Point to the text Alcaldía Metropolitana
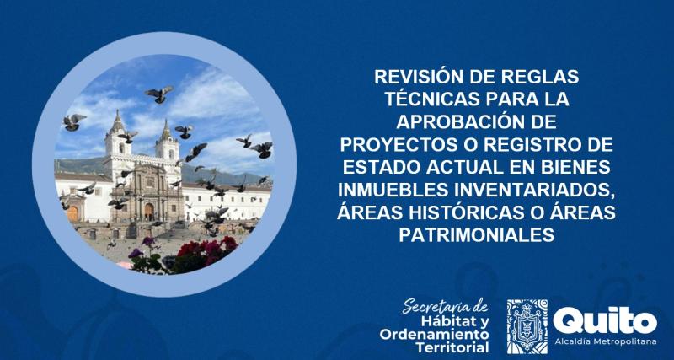605,341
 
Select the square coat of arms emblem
527,325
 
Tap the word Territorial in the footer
453,345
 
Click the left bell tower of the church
115,139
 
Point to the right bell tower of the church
167,143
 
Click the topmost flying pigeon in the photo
158,94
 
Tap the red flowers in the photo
202,249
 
